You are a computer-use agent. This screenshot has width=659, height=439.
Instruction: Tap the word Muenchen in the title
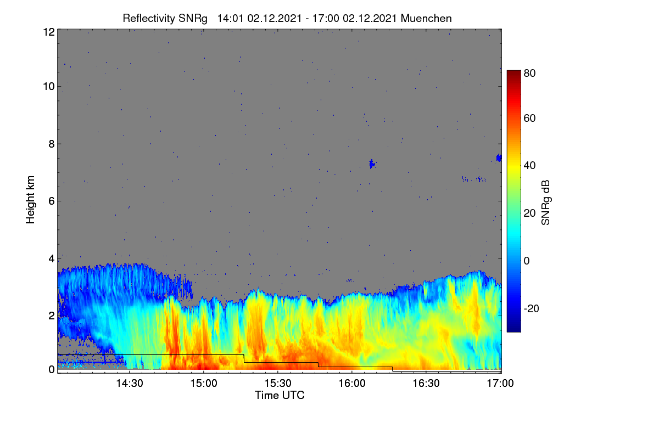pos(426,19)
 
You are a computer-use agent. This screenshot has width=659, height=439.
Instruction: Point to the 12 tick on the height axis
pos(49,32)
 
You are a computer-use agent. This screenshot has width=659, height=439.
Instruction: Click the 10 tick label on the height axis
pos(49,87)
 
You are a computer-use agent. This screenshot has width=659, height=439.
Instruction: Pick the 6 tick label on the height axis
pos(52,201)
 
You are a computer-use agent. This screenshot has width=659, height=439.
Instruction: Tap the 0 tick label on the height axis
pos(52,369)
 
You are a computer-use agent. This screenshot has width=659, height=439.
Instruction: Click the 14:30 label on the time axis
pos(130,383)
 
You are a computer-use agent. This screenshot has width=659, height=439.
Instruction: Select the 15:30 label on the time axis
pos(278,383)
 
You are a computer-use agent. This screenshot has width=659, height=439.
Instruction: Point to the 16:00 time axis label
pos(352,383)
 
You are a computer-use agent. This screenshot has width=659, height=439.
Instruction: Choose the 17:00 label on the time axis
pos(500,383)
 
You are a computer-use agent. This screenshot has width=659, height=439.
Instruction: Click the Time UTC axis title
pos(280,395)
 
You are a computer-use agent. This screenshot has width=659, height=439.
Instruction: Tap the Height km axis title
pos(30,200)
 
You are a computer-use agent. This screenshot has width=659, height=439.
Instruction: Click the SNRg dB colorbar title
pos(545,202)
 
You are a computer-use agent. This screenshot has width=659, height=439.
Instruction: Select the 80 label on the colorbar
pos(529,73)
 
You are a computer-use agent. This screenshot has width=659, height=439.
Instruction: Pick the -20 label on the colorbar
pos(531,308)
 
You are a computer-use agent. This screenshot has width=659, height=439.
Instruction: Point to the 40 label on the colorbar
pos(529,166)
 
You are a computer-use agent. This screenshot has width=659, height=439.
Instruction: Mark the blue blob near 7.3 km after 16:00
pos(372,164)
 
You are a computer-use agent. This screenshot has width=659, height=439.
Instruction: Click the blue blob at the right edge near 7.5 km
pos(499,158)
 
